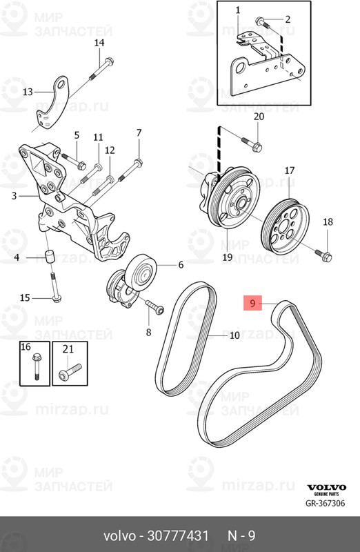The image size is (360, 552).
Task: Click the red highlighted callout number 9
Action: pos(252,303)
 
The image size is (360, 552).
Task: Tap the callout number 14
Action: pos(99,43)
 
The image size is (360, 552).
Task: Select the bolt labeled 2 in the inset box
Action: pos(263,23)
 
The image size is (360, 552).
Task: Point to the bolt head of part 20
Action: pos(257,146)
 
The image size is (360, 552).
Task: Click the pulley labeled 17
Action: pos(285,225)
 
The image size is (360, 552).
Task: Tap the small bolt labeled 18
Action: pos(323,255)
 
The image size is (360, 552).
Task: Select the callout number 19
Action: pos(227,257)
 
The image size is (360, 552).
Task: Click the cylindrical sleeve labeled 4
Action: pos(50,256)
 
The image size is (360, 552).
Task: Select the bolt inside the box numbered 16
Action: pos(37,367)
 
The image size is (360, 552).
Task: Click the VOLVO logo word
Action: pos(327,488)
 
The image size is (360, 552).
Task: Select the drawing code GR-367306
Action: pos(325,503)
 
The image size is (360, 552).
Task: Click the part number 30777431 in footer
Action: pos(178,536)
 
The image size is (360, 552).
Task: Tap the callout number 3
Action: pos(14,195)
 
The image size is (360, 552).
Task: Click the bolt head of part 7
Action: pos(139,163)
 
